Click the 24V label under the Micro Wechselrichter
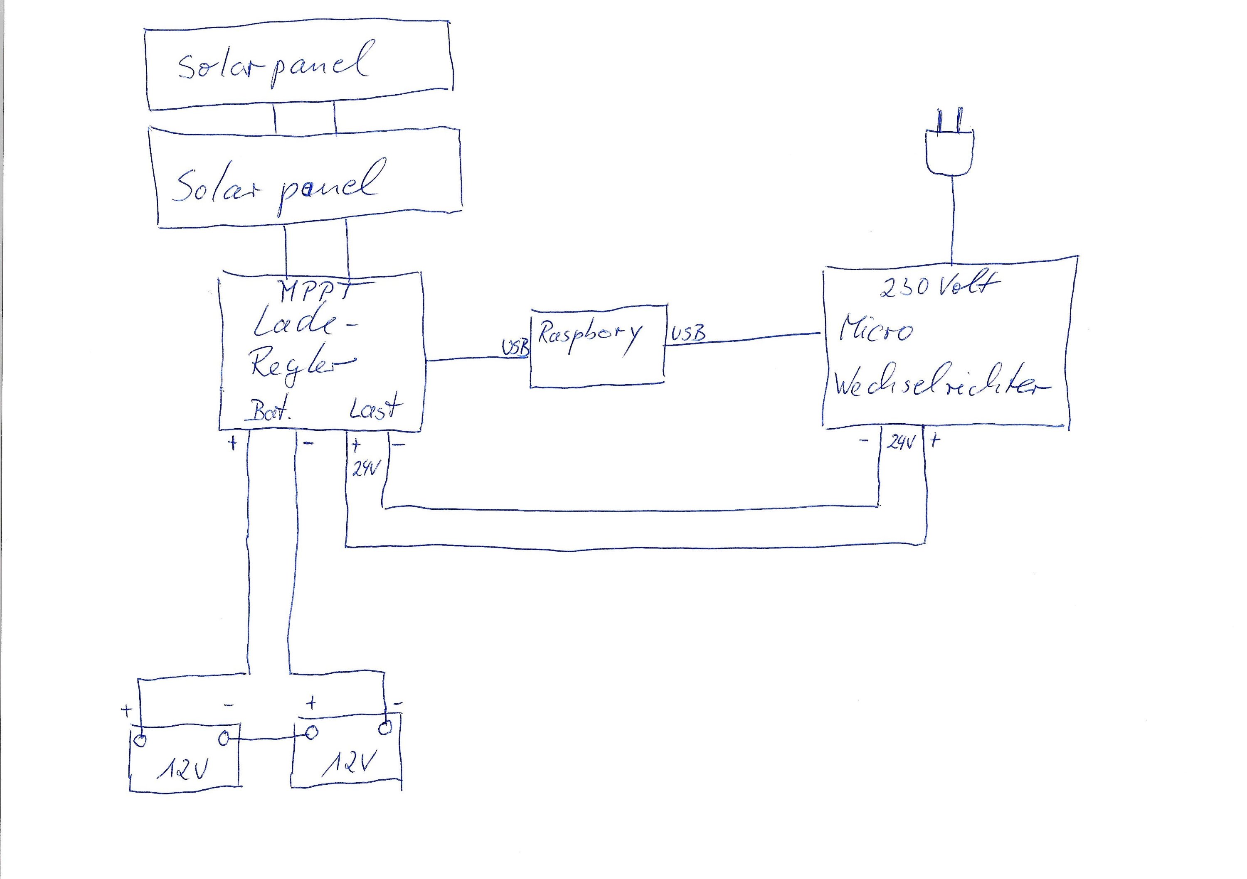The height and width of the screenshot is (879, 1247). click(900, 443)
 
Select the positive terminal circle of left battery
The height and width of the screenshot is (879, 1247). click(140, 740)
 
